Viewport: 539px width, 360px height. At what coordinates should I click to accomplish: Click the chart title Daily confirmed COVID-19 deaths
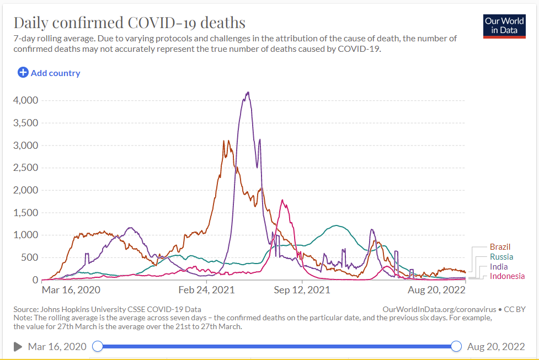129,23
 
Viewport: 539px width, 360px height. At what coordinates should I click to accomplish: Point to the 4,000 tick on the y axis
25,100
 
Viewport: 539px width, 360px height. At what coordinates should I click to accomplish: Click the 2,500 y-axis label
25,168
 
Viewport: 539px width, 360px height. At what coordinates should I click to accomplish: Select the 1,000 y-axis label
25,235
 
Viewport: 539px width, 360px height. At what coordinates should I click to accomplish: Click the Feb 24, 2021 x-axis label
207,289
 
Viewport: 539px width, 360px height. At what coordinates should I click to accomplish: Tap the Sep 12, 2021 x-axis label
302,289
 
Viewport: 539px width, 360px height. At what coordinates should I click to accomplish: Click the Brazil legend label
500,247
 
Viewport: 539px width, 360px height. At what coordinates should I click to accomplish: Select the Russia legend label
501,257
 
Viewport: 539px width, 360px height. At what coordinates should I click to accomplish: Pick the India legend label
498,267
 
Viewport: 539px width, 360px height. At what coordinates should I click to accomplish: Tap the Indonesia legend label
507,276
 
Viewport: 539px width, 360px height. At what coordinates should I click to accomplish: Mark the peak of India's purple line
248,93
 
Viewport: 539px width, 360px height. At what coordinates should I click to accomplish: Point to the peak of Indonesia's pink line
282,200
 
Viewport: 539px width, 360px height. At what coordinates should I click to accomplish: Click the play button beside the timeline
18,346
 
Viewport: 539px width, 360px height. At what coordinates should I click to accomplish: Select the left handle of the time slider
98,346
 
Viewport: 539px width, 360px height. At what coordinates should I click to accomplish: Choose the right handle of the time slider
456,346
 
